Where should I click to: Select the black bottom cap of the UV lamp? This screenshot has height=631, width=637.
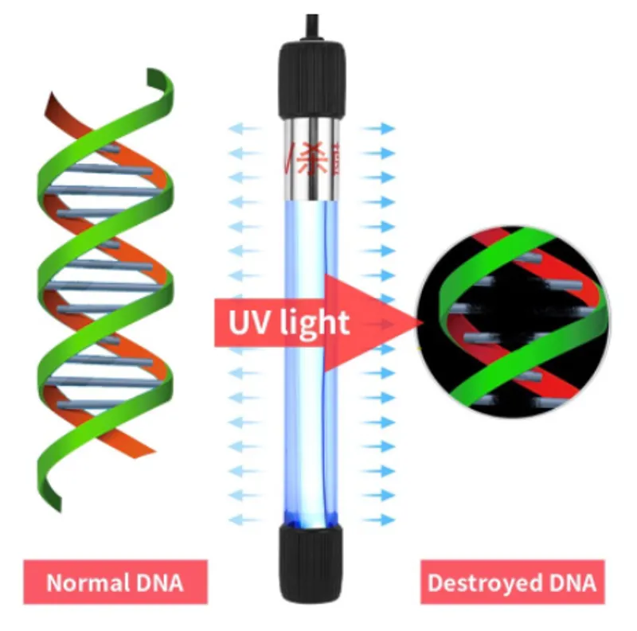pos(313,562)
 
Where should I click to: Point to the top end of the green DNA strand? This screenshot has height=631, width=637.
pos(158,78)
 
